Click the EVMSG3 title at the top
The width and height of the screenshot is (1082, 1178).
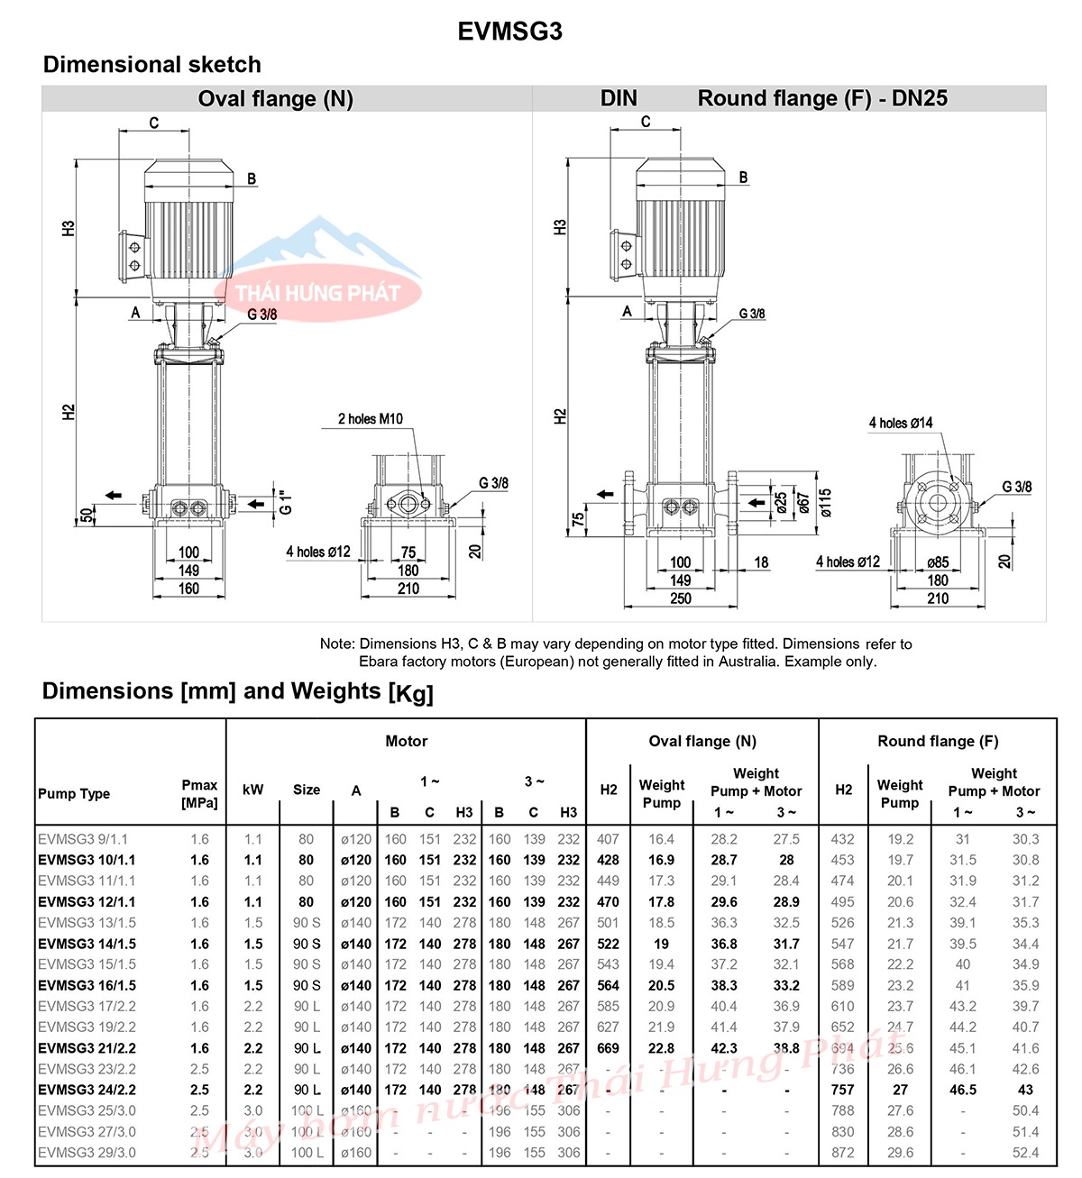coord(509,32)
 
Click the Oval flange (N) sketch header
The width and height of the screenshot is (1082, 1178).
coord(275,99)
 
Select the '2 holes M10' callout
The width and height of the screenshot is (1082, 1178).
coord(371,419)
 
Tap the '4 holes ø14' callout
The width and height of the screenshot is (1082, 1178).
coord(900,423)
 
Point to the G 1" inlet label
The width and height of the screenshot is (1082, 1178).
coord(286,502)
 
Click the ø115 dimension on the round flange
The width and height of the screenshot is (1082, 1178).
coord(826,503)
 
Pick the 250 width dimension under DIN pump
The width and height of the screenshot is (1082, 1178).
coord(681,598)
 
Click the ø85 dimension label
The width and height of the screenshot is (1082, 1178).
coord(938,562)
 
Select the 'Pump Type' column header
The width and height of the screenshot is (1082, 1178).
coord(74,794)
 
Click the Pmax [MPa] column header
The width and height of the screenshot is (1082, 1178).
coord(199,794)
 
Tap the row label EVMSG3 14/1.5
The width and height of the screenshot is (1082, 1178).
coord(87,944)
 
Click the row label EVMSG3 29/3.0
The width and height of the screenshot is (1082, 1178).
coord(87,1153)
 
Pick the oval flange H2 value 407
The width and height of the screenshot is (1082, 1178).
coord(609,839)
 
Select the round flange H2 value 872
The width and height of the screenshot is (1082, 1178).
coord(843,1153)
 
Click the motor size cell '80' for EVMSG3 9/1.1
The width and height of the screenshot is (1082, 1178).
coord(307,839)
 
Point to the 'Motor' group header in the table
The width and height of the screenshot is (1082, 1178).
coord(406,741)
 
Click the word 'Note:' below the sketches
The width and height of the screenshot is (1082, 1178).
coord(338,644)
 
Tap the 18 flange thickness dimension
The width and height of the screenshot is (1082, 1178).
coord(761,562)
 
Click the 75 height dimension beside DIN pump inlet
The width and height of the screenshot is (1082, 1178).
coord(578,520)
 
